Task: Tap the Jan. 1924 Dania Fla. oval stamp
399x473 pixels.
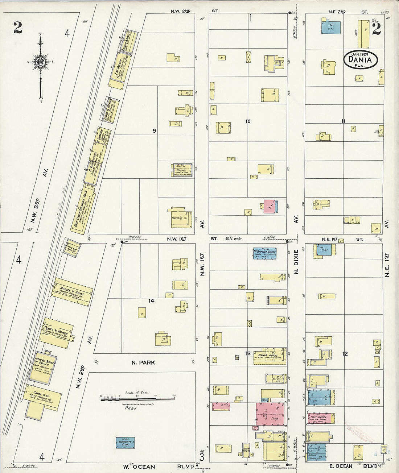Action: [361, 59]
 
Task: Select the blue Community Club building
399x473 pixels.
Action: [125, 443]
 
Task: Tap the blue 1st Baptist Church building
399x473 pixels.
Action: [264, 253]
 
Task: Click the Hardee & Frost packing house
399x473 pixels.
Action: [72, 292]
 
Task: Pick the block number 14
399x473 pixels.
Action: [151, 300]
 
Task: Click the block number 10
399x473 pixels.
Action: [248, 121]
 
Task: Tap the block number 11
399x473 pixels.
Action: [343, 121]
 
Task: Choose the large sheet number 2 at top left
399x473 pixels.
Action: [17, 28]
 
